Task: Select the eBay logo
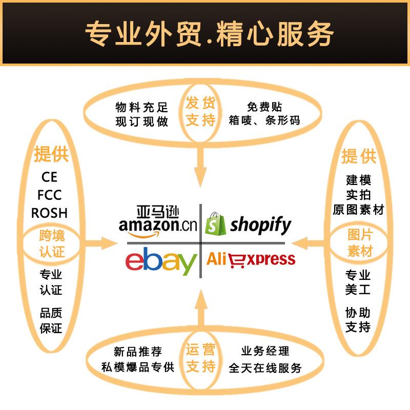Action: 161,261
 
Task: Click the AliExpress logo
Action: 251,259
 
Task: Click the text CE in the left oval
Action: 50,177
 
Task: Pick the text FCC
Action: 50,195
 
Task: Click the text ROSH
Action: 50,213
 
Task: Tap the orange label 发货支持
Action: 200,112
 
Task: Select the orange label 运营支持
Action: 200,358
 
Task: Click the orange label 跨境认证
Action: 52,244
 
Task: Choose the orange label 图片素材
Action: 360,243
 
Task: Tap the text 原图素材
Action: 358,210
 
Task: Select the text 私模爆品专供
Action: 138,367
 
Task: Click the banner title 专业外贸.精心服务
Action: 205,34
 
